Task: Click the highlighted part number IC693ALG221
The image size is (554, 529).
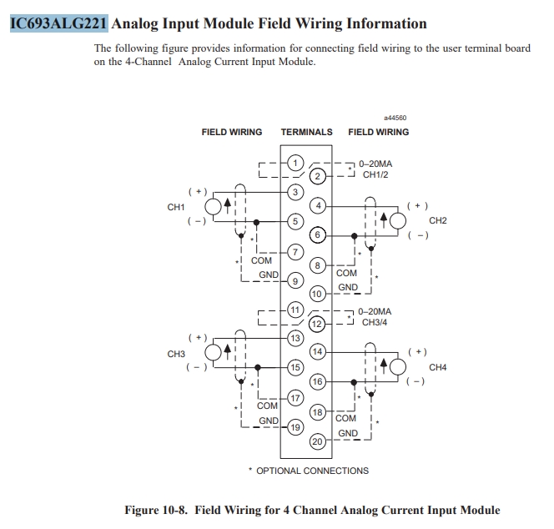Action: click(x=58, y=23)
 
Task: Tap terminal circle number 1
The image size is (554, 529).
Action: click(x=295, y=163)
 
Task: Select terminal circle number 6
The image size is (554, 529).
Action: click(x=317, y=234)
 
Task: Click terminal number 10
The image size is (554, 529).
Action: click(x=317, y=294)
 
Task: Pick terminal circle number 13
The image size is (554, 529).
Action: click(x=295, y=338)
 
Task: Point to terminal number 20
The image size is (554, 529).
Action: click(x=317, y=441)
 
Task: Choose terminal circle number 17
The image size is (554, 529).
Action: click(x=295, y=398)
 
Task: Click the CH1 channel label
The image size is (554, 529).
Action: click(x=176, y=207)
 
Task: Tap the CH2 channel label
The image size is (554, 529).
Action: click(x=438, y=220)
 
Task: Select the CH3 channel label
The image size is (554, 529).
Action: click(x=176, y=354)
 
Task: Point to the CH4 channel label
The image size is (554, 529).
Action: click(x=438, y=367)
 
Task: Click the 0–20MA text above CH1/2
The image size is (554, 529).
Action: click(x=375, y=164)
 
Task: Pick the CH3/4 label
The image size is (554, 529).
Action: click(x=375, y=322)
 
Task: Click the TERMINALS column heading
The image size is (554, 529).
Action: click(x=306, y=132)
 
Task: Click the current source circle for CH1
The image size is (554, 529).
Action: click(x=214, y=207)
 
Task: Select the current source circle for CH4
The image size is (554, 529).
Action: click(x=398, y=367)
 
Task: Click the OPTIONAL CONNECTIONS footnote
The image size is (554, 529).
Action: click(x=309, y=471)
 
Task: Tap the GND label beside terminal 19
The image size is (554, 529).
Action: click(x=269, y=421)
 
